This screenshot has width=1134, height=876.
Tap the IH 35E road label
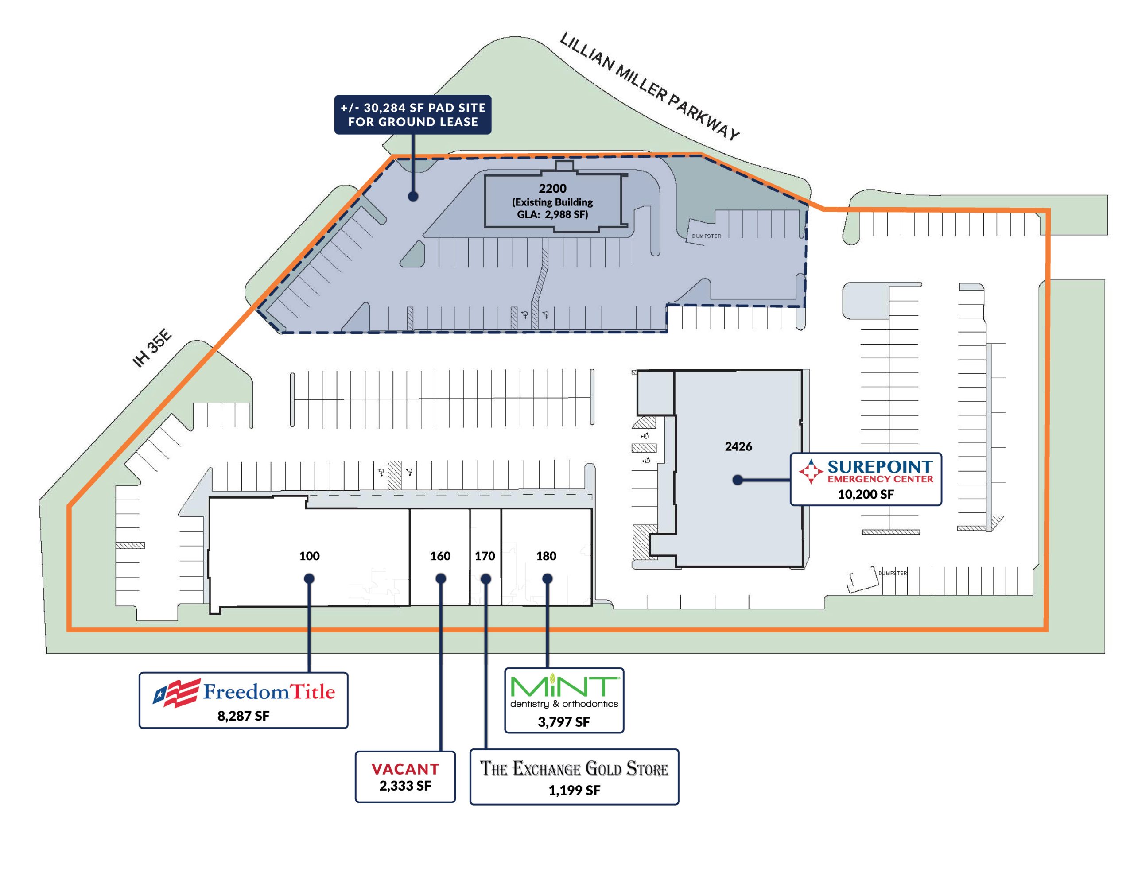pos(151,348)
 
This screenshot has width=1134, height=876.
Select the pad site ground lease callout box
pos(413,114)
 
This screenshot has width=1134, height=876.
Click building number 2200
pos(552,189)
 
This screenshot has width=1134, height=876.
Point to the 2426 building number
pos(738,446)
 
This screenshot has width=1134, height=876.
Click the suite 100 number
pos(310,556)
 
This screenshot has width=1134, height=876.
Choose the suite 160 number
pos(440,556)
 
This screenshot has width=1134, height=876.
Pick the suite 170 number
pos(485,556)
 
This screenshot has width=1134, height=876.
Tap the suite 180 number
pos(546,556)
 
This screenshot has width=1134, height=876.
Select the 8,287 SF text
pos(244,716)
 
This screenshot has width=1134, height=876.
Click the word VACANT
pos(405,769)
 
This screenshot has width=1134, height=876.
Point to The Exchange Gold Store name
pos(574,768)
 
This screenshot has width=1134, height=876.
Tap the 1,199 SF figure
pos(574,791)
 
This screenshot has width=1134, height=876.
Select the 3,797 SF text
pos(564,722)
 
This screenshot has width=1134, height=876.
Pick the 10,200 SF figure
pos(866,494)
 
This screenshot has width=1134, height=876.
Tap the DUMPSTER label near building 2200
pos(707,236)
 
